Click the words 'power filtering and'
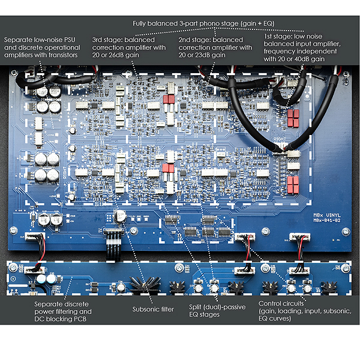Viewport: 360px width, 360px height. pyautogui.click(x=63, y=311)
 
